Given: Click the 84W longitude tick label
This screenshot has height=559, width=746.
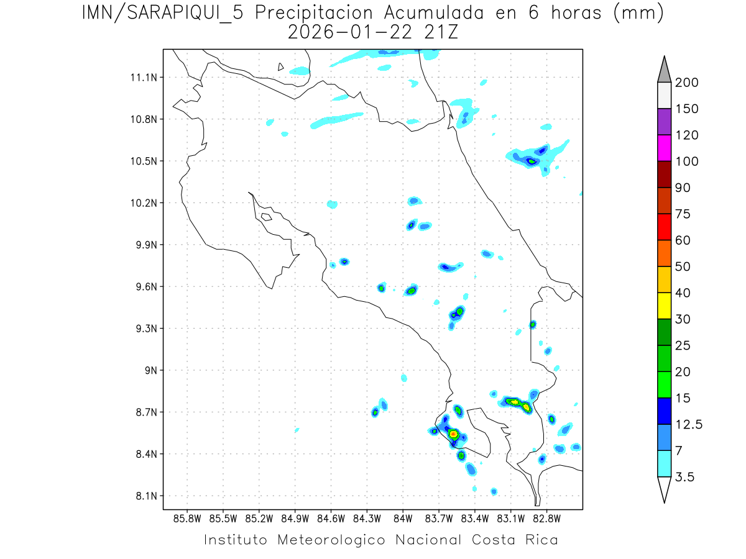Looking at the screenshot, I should [x=403, y=518].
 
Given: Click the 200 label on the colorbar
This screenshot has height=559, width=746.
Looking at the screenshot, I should [x=686, y=83].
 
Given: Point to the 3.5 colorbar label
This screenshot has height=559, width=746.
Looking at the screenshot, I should [x=686, y=477].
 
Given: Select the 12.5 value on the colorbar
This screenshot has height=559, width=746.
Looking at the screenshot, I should [x=688, y=424].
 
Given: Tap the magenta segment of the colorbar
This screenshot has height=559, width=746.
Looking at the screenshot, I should [x=664, y=148].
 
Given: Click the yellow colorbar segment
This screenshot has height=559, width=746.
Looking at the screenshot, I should [x=664, y=306].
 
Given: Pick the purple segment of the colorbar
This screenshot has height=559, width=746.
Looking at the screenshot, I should [x=664, y=122].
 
